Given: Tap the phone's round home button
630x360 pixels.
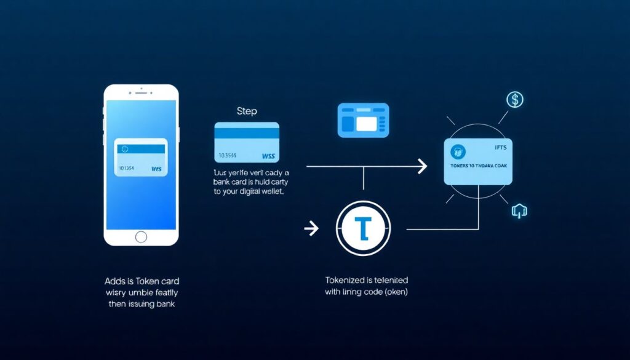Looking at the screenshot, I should pos(141,236).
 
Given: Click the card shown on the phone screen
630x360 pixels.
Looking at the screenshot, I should pos(141,158).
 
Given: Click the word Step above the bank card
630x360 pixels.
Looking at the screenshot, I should pos(247,111).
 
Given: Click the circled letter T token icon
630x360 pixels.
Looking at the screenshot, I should pos(364,228).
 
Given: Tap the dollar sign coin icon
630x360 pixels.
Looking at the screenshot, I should pos(514,99).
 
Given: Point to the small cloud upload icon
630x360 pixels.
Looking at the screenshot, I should pos(519,211).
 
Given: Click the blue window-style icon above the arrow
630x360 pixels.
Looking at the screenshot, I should pos(363,120).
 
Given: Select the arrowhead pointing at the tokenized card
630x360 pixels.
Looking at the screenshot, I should pos(421,166).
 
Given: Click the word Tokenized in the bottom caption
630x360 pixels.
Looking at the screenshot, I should pos(345,280).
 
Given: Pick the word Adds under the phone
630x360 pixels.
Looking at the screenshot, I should pos(116,281).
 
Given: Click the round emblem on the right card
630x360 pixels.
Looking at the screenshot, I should pos(458,151).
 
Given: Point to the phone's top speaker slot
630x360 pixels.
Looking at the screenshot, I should pos(141,93).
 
